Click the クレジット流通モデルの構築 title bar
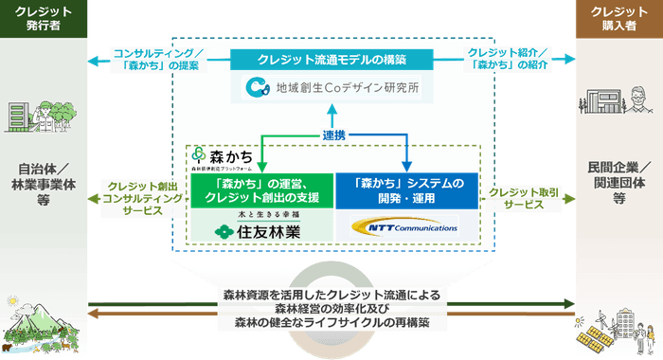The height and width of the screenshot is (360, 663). (331, 59)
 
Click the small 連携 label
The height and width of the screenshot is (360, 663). (331, 135)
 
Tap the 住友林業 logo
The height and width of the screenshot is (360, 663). (260, 227)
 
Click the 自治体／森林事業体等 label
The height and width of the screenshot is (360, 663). (43, 179)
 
